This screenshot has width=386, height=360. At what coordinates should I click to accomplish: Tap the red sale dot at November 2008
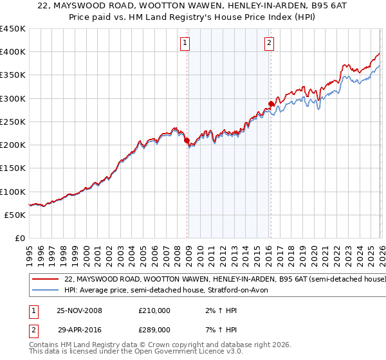click(187, 140)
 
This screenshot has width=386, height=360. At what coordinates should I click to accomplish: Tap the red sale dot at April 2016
click(271, 104)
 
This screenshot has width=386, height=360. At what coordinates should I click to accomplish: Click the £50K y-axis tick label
click(15, 215)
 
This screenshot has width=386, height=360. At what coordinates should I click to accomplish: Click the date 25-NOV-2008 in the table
click(79, 310)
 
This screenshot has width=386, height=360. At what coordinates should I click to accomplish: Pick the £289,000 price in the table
click(154, 329)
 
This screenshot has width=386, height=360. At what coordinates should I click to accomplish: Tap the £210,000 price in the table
click(154, 310)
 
